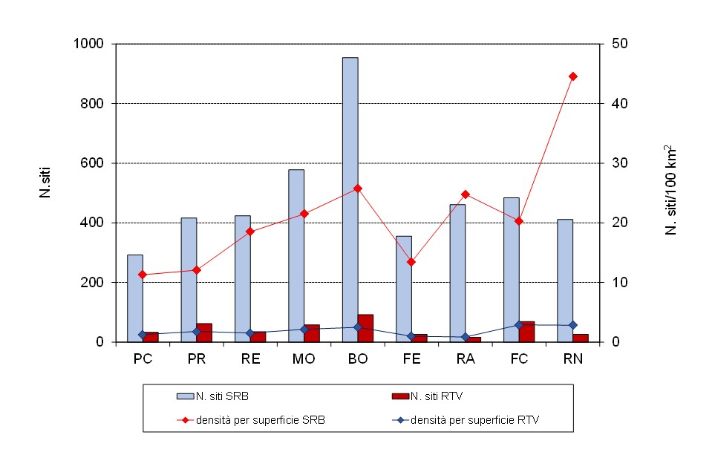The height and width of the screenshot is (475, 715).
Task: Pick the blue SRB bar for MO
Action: click(296, 256)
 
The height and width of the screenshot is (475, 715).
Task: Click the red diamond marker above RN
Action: click(572, 76)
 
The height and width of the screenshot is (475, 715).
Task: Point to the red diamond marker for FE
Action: click(411, 262)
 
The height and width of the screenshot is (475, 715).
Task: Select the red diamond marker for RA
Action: click(466, 194)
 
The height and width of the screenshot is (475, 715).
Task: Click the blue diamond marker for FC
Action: click(519, 325)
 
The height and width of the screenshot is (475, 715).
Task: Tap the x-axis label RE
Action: click(250, 359)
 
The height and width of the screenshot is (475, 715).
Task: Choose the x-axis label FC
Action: click(519, 359)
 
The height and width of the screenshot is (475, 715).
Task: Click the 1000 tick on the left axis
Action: click(93, 44)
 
